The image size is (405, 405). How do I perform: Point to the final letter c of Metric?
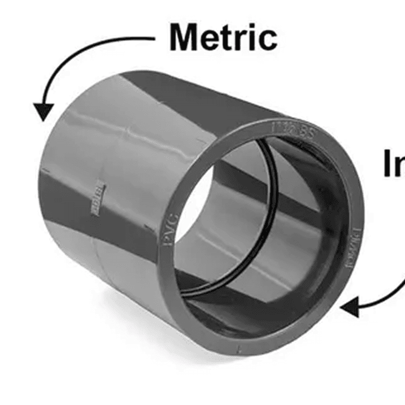click(267, 39)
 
